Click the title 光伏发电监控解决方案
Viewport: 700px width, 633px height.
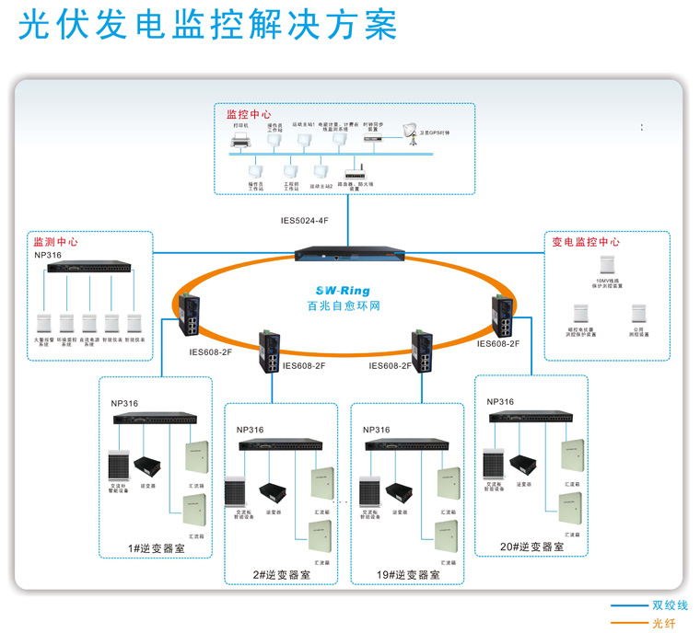(208, 25)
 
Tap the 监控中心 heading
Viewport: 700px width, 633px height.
(249, 115)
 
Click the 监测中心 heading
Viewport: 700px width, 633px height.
(55, 242)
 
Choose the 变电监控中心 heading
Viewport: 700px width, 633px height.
(586, 243)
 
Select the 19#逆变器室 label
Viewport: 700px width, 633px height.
(408, 575)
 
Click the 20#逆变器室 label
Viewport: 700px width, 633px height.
(532, 547)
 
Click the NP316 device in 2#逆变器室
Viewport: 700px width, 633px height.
(281, 445)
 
